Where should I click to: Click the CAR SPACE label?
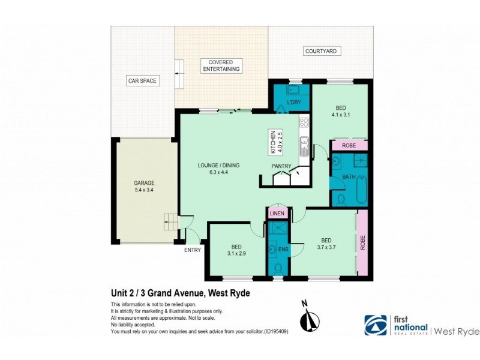[142, 80]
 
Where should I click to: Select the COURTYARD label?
[322, 52]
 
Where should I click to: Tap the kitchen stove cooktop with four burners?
[304, 122]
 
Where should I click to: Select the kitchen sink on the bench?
[304, 145]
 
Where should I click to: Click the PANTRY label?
[281, 166]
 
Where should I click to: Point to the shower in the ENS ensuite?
[278, 229]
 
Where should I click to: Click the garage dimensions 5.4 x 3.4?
[144, 190]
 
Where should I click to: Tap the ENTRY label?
[193, 250]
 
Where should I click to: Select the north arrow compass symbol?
[310, 319]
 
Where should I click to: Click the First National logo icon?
[376, 325]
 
